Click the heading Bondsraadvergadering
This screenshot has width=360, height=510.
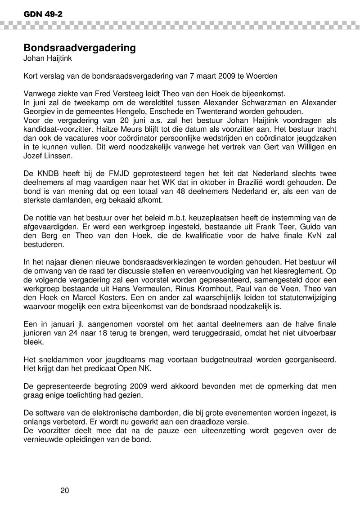79,48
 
